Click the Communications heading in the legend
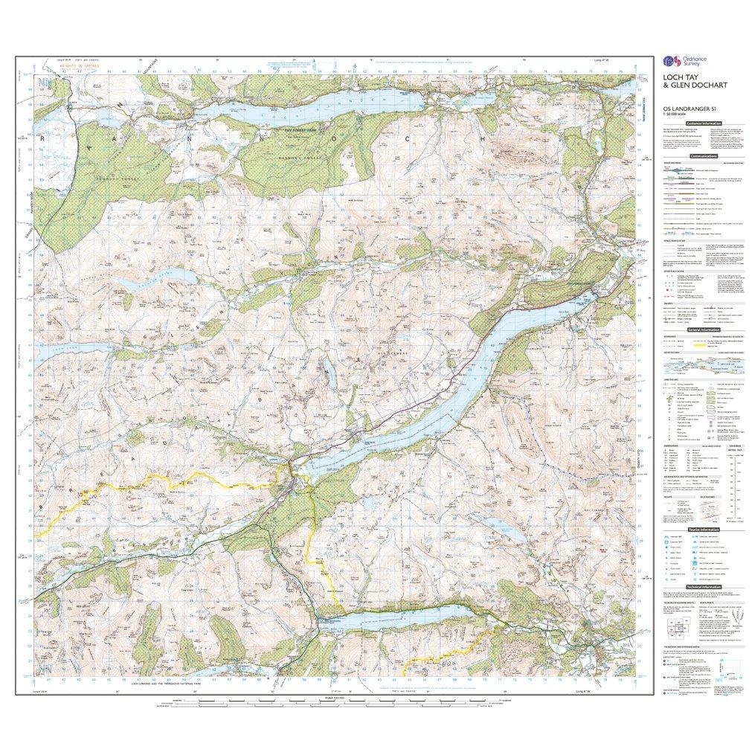click(704, 156)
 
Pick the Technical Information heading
click(704, 587)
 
